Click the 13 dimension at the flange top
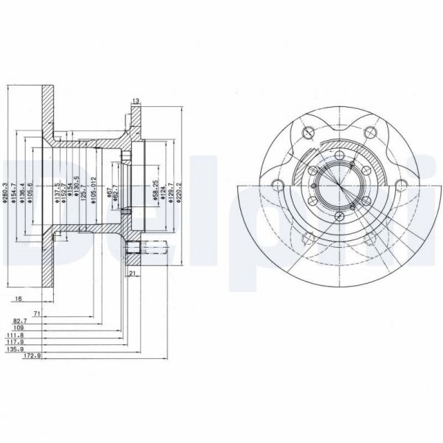tap(136, 100)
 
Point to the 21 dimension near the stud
tap(133, 274)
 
